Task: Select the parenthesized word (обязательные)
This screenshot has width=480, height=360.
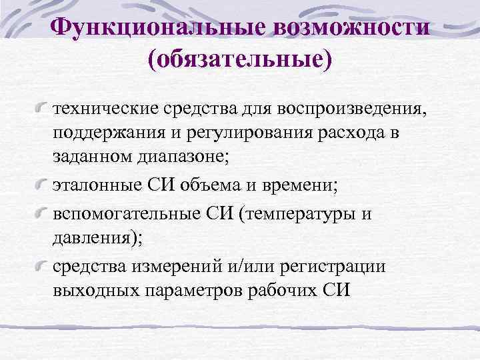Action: pos(240,59)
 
